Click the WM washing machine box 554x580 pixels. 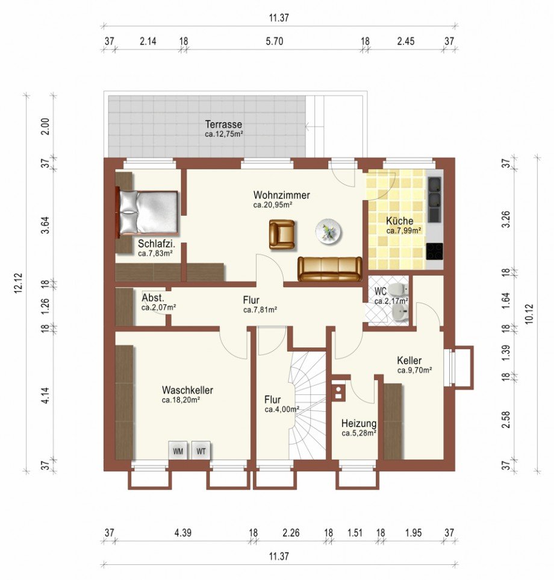click(x=178, y=450)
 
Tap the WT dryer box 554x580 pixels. click(x=201, y=450)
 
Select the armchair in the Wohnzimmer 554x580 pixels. click(x=282, y=235)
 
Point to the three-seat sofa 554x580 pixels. click(x=330, y=269)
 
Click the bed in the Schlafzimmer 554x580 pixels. click(x=148, y=212)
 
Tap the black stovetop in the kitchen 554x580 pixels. click(x=434, y=251)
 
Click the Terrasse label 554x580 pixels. click(x=223, y=124)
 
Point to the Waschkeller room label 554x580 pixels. click(x=187, y=390)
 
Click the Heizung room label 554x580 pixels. click(x=359, y=424)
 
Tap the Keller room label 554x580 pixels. click(x=409, y=361)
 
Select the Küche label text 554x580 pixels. click(x=400, y=221)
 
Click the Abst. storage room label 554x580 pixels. click(x=153, y=298)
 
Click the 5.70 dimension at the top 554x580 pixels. click(x=275, y=41)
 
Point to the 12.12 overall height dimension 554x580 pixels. click(x=18, y=283)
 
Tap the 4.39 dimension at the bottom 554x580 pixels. click(x=183, y=532)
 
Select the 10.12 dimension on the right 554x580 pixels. click(x=529, y=314)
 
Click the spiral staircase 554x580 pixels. click(x=307, y=405)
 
